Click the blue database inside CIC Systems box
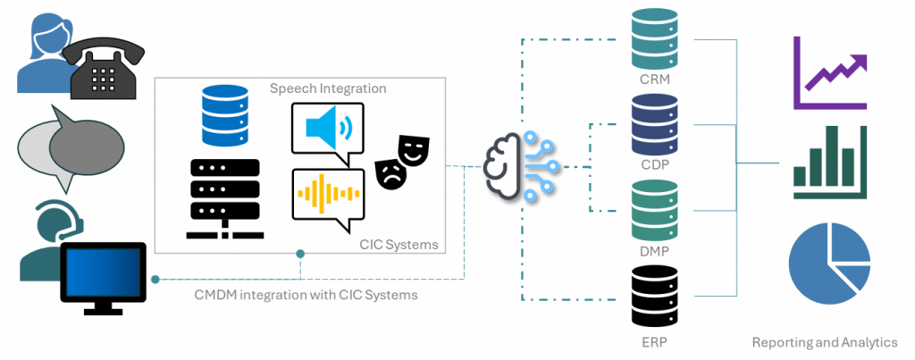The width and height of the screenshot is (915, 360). (223, 114)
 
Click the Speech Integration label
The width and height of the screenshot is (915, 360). (328, 89)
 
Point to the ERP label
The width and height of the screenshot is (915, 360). (653, 341)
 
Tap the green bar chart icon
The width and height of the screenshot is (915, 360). (829, 161)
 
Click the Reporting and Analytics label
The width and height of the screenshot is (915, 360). (824, 341)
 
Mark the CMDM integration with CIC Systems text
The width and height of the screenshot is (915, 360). (306, 295)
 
